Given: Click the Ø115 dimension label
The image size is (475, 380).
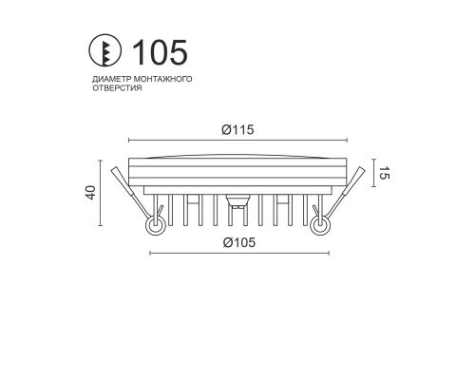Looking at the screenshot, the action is pos(237,130).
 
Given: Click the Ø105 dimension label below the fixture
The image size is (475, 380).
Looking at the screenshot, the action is pos(239,242).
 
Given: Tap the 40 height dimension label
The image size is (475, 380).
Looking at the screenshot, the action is pos(90,193).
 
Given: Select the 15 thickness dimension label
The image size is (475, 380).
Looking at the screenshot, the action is pos(384,173).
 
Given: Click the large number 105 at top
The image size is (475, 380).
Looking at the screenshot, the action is pos(160,52).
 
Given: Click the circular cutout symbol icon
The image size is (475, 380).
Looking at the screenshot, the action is pos(104,50).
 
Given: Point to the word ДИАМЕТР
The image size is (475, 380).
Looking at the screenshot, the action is pos(112,79).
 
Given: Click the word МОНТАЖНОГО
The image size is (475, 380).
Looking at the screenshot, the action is pos(162,79).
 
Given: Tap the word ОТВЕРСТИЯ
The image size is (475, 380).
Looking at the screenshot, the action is pos(117,88).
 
